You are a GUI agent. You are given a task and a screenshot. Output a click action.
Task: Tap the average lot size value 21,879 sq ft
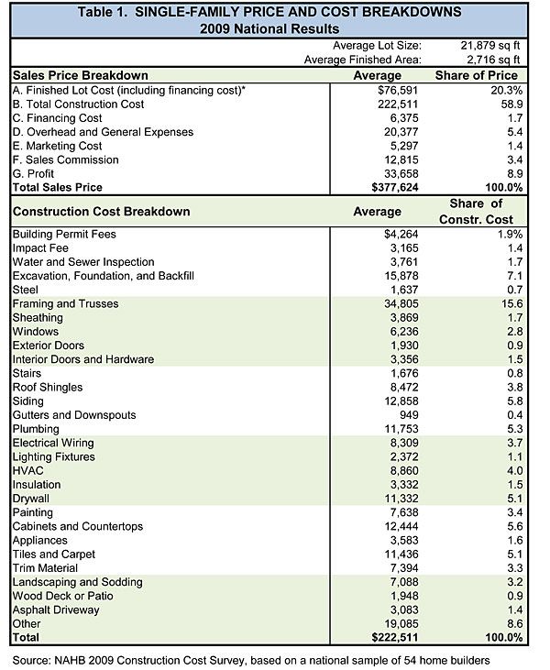tap(487, 43)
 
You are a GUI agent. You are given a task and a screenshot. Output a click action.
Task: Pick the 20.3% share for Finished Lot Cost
tap(500, 89)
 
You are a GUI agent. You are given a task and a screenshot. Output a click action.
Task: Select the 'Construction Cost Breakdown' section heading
tap(102, 212)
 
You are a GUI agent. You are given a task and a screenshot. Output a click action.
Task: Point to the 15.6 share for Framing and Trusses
tap(503, 302)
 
